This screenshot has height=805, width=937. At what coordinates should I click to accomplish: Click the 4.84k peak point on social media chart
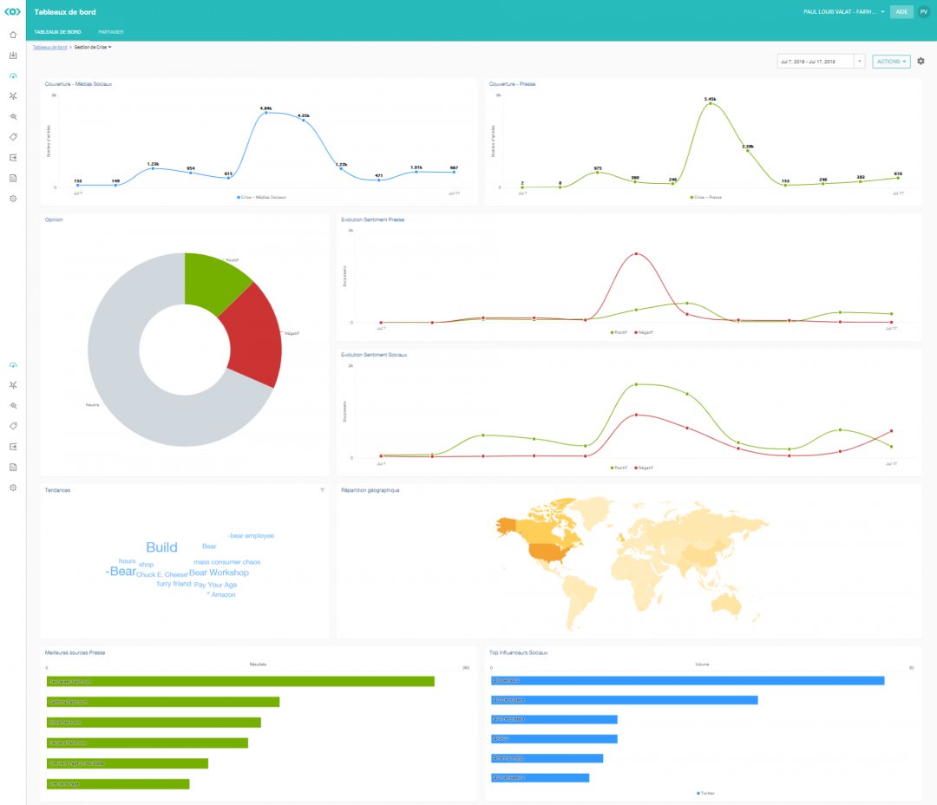(266, 113)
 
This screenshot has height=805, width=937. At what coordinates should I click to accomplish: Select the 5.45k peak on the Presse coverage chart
(711, 103)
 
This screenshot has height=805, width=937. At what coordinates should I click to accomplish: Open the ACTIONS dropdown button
(891, 62)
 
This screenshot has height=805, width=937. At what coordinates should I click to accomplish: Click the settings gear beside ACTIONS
(921, 62)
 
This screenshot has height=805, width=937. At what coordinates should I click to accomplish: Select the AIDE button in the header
(901, 12)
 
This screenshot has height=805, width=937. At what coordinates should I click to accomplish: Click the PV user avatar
(923, 12)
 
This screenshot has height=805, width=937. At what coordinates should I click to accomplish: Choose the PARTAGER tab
(111, 32)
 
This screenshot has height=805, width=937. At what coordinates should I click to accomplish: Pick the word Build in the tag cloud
(161, 547)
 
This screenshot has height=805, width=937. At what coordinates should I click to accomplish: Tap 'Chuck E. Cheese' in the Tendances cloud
(161, 574)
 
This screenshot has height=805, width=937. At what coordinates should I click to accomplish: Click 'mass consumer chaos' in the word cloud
(226, 562)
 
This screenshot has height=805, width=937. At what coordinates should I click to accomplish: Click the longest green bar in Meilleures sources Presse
(240, 681)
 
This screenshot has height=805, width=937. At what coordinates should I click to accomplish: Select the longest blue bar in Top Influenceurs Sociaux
(687, 680)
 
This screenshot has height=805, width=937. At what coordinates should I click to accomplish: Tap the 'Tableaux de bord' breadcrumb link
(50, 47)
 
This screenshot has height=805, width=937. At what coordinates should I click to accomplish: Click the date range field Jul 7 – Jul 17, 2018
(816, 62)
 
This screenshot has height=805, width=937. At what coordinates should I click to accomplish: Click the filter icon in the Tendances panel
(322, 490)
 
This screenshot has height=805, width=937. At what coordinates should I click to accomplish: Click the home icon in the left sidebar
(13, 35)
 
